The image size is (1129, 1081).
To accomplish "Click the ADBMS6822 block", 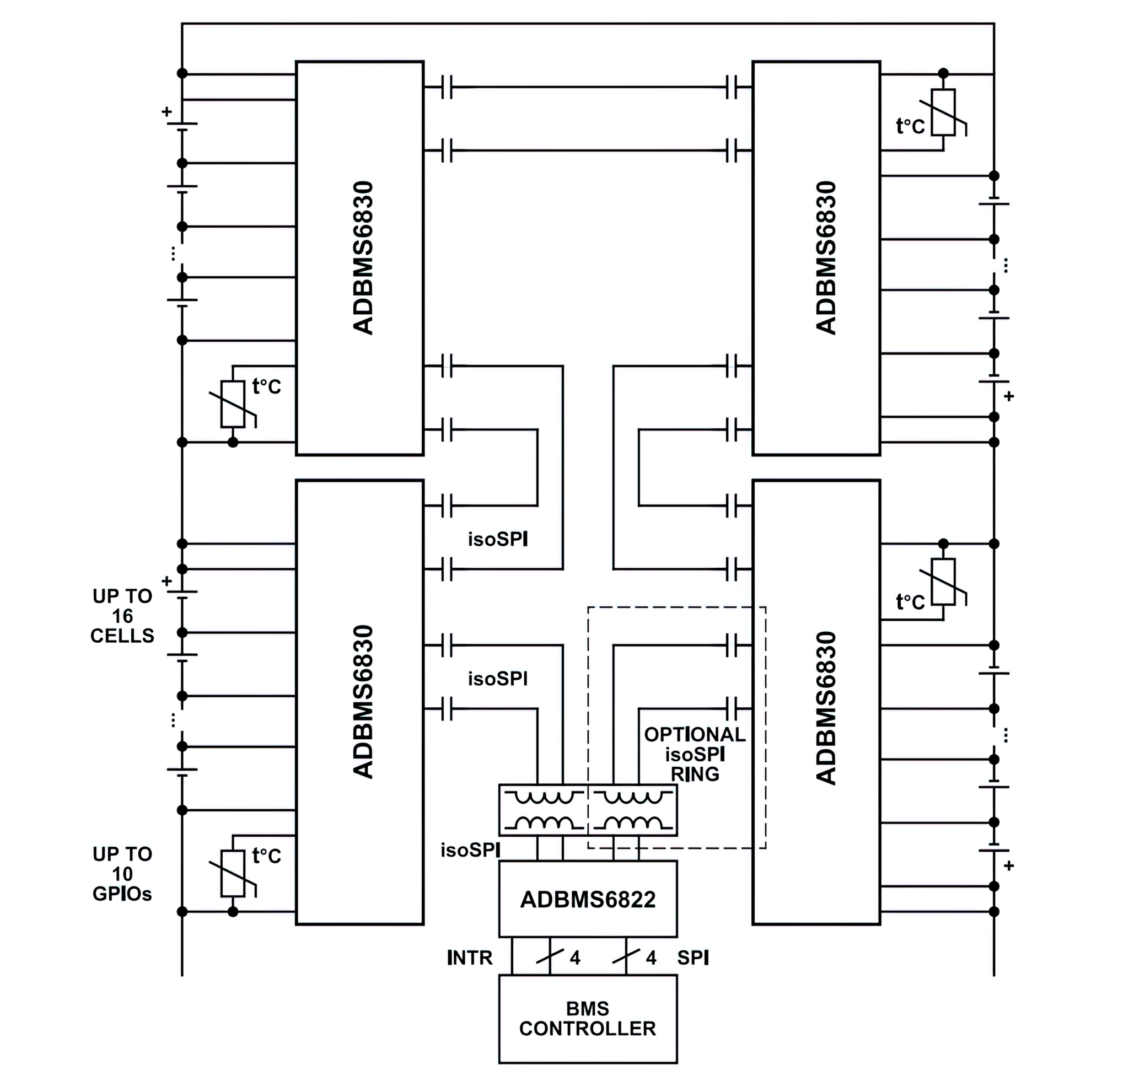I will coord(588,899).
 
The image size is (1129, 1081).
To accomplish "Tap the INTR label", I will coord(470,958).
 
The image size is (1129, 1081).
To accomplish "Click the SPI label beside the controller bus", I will coord(693,958).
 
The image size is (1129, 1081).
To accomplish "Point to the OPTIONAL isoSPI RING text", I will coord(695,754).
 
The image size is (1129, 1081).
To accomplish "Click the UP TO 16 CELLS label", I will coord(122,616).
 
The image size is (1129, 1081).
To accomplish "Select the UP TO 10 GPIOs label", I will coord(122,874).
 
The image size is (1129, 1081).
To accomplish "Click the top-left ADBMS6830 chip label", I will coord(363,257).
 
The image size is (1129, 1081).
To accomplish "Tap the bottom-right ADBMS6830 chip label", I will coord(826,708).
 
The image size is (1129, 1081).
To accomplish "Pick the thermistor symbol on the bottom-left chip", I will coord(233,873).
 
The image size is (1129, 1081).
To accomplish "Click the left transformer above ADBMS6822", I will coord(543,810).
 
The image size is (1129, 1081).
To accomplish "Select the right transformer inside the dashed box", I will coord(632,810).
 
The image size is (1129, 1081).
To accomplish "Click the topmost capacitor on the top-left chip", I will coord(447,87).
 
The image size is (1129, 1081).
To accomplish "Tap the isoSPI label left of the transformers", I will coord(470,850).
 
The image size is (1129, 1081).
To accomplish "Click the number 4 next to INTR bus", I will coord(575,958).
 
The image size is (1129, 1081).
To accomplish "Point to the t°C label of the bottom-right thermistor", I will coord(910,603).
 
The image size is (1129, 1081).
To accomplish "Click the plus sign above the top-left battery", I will coord(166,112).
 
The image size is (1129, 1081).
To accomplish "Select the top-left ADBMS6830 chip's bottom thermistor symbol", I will coord(233,404).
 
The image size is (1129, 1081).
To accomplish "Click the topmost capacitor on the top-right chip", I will coord(731,87).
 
